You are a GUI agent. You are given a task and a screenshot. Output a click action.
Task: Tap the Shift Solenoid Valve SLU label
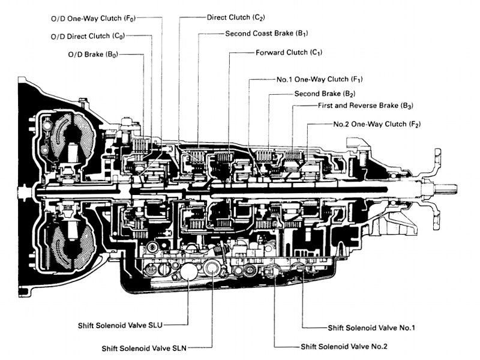pyautogui.click(x=121, y=325)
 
